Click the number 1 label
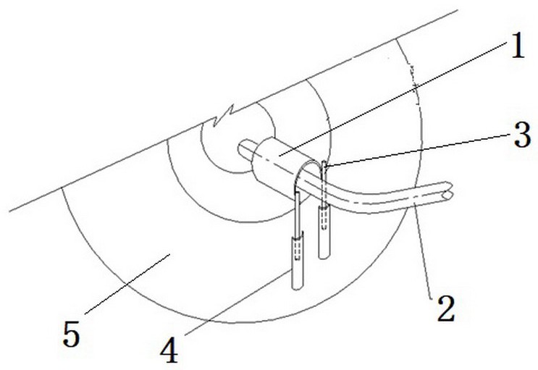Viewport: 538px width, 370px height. pos(518,46)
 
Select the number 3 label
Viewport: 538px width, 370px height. pos(522,135)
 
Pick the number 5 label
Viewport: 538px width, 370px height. pos(72,334)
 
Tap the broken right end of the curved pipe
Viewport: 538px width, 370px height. pos(449,190)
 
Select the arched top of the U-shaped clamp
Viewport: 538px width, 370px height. pos(311,165)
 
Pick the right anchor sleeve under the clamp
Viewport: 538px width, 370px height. pos(324,232)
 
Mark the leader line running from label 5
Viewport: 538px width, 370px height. pos(127,284)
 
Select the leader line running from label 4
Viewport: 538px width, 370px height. pos(238,302)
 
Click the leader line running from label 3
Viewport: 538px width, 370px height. pos(419,150)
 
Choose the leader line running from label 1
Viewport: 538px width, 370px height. pos(393,99)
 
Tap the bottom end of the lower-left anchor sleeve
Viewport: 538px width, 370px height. pos(298,288)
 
